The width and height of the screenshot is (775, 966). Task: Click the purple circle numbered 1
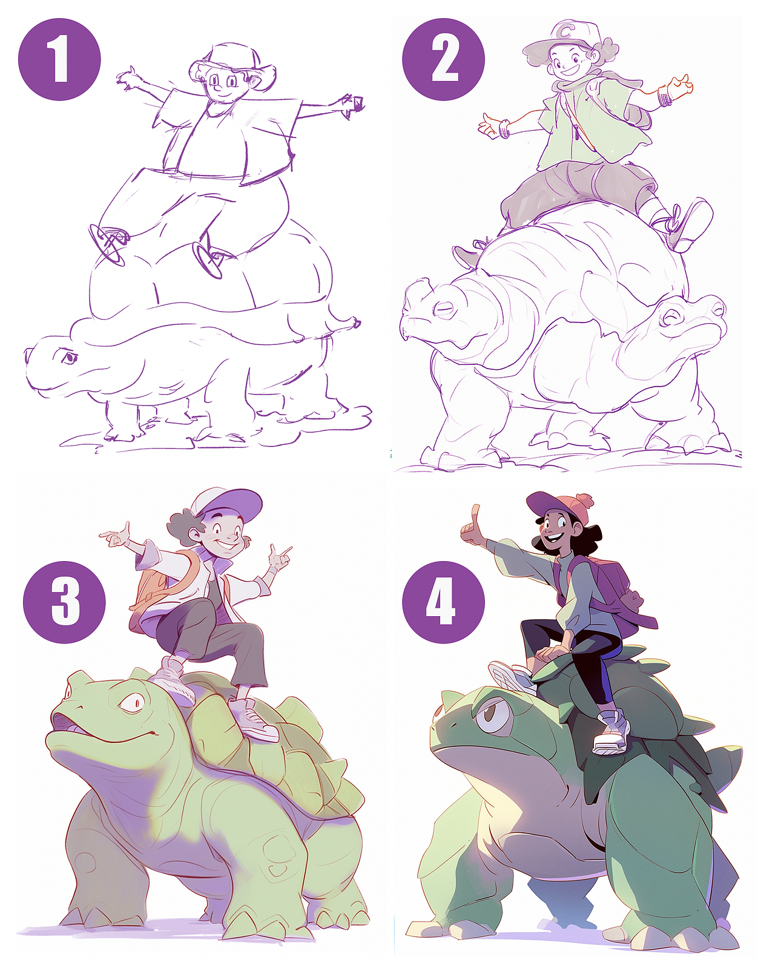tap(59, 59)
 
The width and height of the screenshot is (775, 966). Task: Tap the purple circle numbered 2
tap(443, 59)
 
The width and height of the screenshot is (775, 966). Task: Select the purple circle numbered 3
tap(64, 602)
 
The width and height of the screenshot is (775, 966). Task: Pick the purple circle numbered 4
tap(443, 602)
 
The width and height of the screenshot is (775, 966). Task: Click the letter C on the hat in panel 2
tap(566, 31)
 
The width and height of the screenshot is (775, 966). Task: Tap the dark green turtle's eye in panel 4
tap(494, 711)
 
